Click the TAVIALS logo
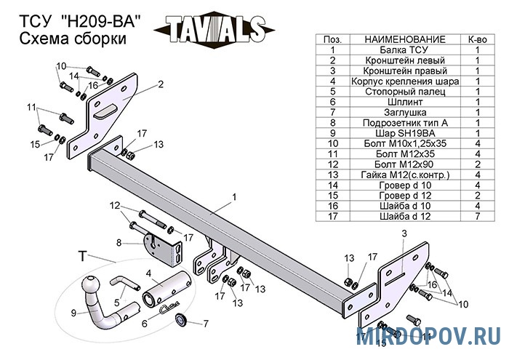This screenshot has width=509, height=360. (215, 30)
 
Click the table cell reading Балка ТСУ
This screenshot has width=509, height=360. (404, 50)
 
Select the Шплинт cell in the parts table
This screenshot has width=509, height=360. (405, 102)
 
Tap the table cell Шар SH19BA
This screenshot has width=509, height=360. (405, 133)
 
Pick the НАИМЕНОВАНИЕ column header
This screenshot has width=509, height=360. (405, 39)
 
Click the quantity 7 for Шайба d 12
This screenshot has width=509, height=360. (478, 216)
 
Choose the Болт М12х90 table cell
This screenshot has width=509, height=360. (405, 164)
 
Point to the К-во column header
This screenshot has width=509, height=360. (478, 39)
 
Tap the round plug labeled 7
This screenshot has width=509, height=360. (180, 319)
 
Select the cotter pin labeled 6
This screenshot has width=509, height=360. (170, 307)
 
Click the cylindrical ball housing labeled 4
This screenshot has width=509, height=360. (167, 289)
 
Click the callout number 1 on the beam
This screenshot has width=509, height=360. (234, 197)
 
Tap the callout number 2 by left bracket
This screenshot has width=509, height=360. (161, 84)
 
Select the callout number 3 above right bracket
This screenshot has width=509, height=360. (404, 233)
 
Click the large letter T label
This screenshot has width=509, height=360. (83, 256)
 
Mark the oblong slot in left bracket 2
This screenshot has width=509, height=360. (105, 111)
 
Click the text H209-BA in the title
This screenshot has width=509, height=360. (101, 23)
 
